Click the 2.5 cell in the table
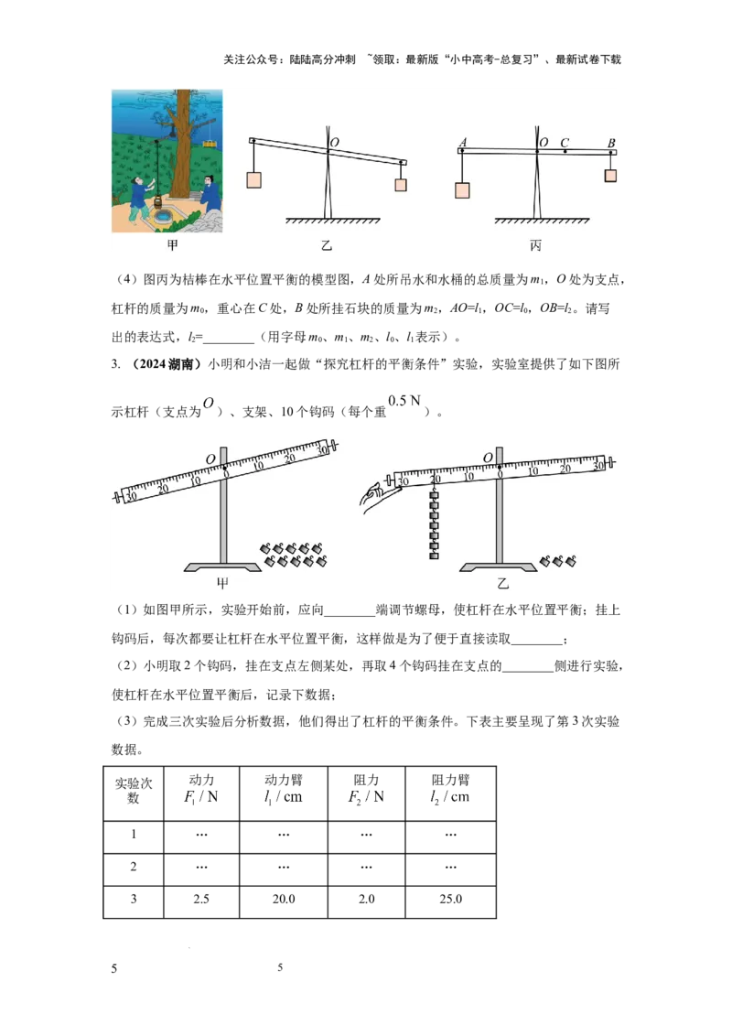point(200,899)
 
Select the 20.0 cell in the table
point(284,899)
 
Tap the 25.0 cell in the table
point(450,899)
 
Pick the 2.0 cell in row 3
point(366,899)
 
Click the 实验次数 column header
point(134,790)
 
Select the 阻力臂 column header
point(450,789)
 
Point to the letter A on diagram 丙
point(462,142)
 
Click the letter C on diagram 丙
point(565,142)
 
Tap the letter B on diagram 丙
point(611,143)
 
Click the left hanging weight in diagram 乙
point(253,179)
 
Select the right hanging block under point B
point(610,175)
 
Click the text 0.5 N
point(404,400)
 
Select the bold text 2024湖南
point(167,364)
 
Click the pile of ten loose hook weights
point(294,555)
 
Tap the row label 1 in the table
point(134,834)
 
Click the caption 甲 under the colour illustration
point(172,245)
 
